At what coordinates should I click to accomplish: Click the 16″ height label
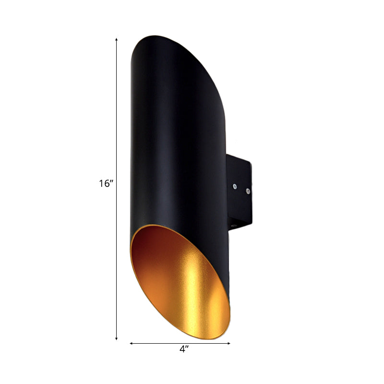106,183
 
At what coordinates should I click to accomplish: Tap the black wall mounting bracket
240,192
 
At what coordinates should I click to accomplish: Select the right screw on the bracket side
247,191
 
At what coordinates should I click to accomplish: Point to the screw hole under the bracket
234,225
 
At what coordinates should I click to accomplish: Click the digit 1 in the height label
102,183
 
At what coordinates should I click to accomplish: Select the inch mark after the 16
111,181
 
